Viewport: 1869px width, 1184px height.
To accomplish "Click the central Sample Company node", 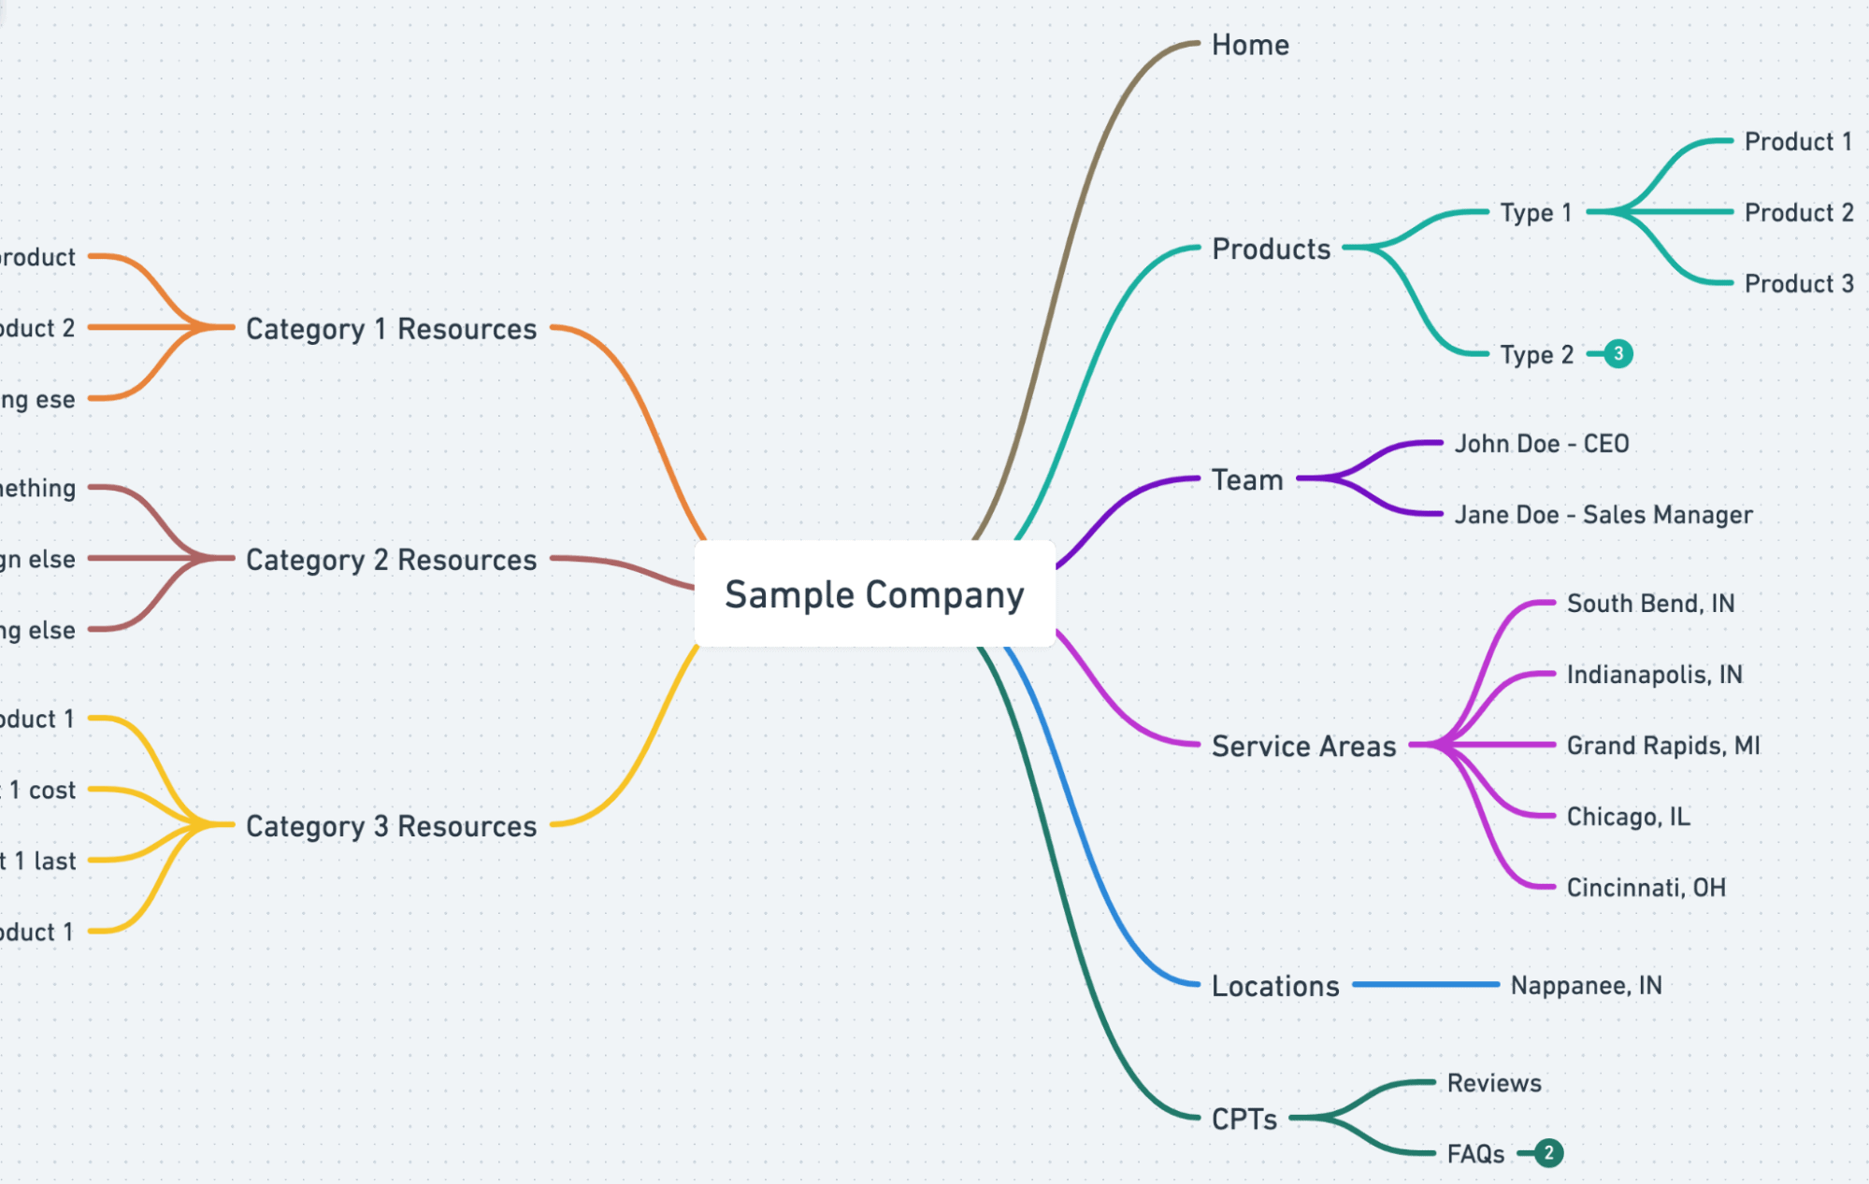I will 874,594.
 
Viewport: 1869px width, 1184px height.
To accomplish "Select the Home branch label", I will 1250,45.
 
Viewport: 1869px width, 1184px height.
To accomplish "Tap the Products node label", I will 1271,249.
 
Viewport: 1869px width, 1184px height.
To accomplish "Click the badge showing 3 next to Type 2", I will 1618,354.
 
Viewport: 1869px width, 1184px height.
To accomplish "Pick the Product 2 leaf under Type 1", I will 1798,213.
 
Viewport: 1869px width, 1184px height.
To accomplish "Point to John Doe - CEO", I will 1541,444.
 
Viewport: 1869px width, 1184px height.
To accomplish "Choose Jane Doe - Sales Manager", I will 1603,515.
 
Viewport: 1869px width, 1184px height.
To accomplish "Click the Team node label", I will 1247,479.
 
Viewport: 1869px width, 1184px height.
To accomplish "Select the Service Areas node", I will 1303,746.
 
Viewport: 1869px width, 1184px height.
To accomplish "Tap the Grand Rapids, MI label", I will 1662,746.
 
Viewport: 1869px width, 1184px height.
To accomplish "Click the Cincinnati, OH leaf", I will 1646,888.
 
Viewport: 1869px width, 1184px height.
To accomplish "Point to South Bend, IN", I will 1650,604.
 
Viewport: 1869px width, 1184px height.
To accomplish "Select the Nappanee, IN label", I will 1586,986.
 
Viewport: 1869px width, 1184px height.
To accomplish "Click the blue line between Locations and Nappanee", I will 1425,985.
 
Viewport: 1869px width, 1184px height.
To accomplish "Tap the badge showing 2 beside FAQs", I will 1548,1153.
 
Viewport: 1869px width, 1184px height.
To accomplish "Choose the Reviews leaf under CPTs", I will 1493,1083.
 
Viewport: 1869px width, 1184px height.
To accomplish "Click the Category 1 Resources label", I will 391,329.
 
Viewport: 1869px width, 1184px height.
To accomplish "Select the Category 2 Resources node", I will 391,560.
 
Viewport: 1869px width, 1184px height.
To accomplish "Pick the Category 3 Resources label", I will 391,826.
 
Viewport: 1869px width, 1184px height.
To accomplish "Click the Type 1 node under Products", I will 1535,213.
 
